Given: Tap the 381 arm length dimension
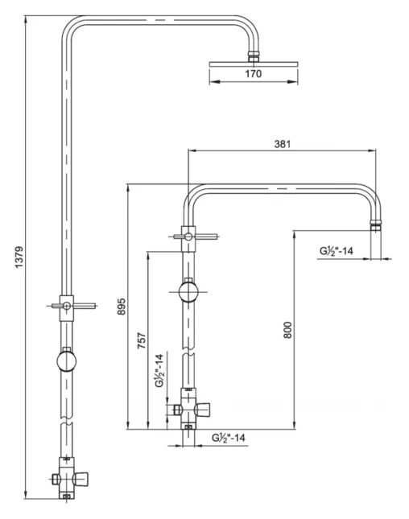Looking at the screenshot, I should pyautogui.click(x=282, y=144).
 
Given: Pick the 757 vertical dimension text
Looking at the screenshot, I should pyautogui.click(x=141, y=340).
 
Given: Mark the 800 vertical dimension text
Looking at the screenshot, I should pyautogui.click(x=287, y=328).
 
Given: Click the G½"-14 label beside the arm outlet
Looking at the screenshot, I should pyautogui.click(x=337, y=251).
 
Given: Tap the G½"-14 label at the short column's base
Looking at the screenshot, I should pyautogui.click(x=228, y=438).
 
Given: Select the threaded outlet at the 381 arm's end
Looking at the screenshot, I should pyautogui.click(x=374, y=224).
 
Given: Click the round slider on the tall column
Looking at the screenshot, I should pyautogui.click(x=67, y=359).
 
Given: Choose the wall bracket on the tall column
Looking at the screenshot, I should pyautogui.click(x=67, y=305).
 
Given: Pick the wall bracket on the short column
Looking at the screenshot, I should pyautogui.click(x=189, y=236).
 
